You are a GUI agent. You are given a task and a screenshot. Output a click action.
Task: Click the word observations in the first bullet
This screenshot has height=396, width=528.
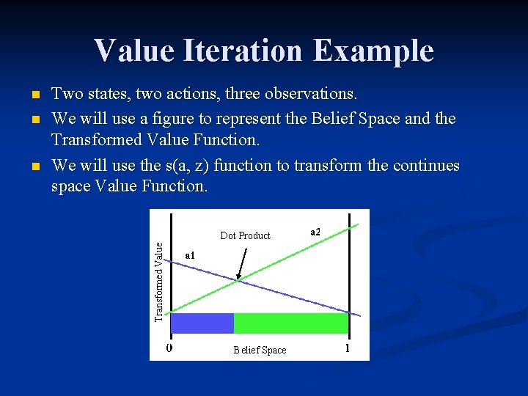point(305,94)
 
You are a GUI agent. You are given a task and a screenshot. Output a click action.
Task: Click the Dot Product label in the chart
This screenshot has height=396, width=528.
point(245,235)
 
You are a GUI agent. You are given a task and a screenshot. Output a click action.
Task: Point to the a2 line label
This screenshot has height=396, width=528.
point(315,232)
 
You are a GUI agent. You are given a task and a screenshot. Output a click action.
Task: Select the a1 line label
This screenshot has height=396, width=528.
point(190,255)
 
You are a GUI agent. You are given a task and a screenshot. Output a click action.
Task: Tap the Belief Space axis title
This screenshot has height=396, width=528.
point(260,350)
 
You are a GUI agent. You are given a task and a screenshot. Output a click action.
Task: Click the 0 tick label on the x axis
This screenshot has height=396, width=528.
point(169,348)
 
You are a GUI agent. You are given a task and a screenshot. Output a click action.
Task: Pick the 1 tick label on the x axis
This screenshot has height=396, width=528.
point(347,348)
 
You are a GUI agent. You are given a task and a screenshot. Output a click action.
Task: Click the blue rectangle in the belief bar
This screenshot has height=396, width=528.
point(202,323)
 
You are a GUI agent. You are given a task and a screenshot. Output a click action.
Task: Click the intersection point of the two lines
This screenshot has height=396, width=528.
point(238,279)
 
